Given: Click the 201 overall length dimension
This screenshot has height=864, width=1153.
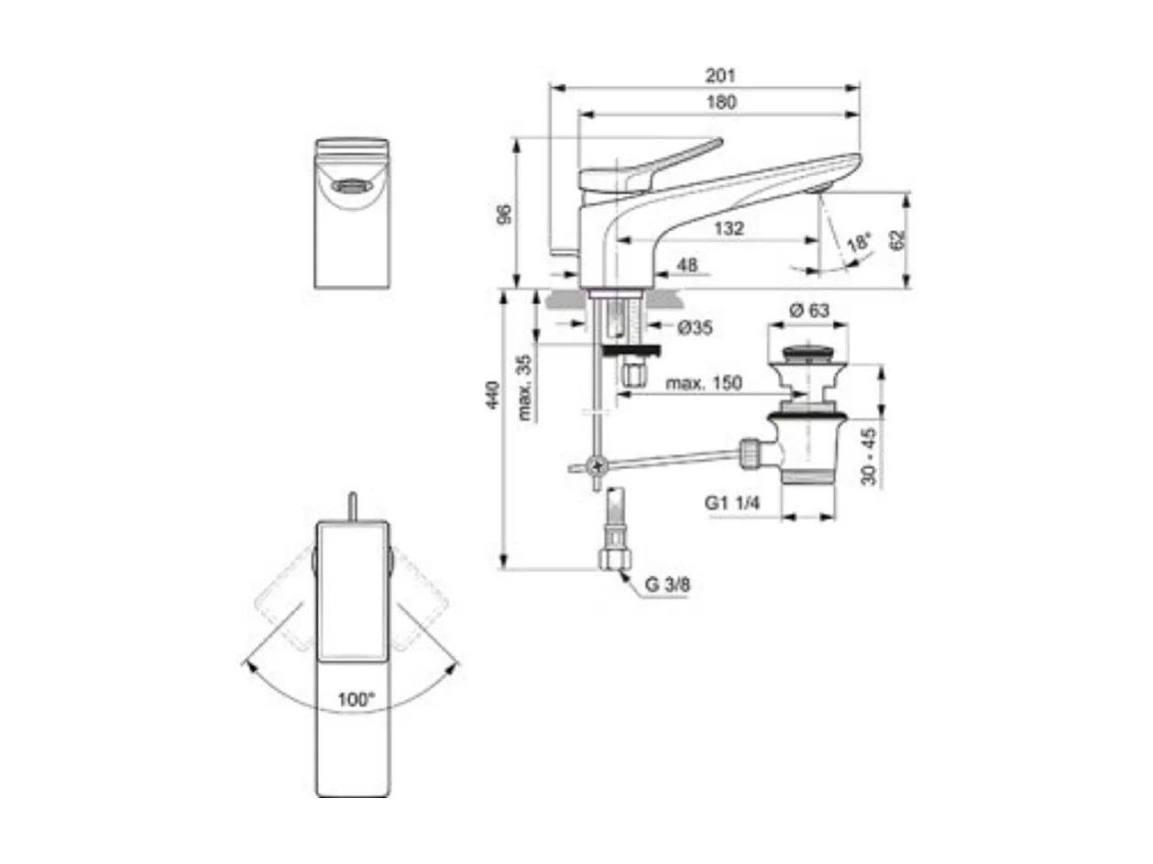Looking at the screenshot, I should (x=721, y=75).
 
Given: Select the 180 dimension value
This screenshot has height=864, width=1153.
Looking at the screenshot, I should (x=721, y=103).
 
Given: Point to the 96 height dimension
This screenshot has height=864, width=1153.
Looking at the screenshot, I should (x=502, y=215).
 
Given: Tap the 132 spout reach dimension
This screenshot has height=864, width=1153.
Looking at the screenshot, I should (x=729, y=228).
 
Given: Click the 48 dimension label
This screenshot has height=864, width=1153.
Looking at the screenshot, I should (x=686, y=265).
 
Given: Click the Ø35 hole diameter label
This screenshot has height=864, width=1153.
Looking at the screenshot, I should (x=696, y=327).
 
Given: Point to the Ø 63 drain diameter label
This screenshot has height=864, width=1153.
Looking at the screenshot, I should (x=807, y=311).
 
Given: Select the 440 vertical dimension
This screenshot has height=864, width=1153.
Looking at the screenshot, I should (x=493, y=395).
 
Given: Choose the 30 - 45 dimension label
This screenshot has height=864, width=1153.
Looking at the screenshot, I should (x=870, y=455).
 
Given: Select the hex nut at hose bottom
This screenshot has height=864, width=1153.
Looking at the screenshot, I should (x=612, y=559).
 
